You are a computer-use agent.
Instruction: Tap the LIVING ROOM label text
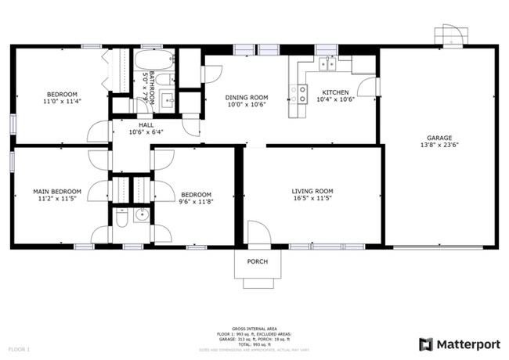pos(312,191)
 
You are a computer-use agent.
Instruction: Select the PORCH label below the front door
pos(257,261)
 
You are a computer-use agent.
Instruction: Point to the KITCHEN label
pos(335,92)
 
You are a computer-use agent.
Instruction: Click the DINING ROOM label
pos(246,98)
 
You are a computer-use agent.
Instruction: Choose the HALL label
pos(146,124)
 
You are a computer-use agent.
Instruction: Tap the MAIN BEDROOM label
pos(56,191)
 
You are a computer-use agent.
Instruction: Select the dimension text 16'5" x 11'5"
pos(312,200)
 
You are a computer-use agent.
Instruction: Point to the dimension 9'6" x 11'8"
pos(196,203)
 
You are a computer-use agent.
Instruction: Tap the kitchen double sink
pos(327,63)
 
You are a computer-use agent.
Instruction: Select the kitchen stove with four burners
pos(298,95)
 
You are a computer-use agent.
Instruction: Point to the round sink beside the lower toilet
pos(141,216)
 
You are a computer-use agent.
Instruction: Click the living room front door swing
pos(258,234)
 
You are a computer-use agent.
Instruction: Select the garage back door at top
pos(451,36)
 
